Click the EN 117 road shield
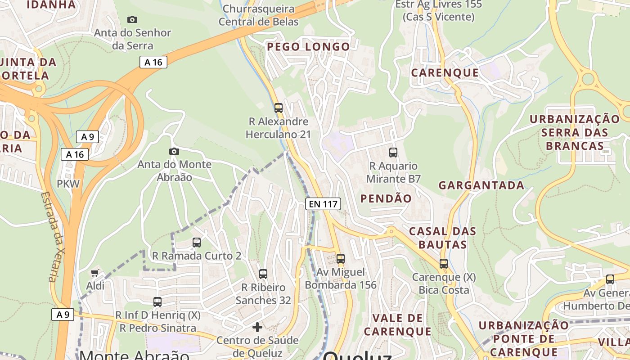click(323, 204)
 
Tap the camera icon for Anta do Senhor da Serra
click(132, 19)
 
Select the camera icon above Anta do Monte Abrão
click(174, 151)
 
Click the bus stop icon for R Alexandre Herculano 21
click(279, 108)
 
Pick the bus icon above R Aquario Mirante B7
click(393, 153)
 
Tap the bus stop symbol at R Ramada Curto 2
click(197, 243)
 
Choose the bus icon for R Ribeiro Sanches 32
click(263, 274)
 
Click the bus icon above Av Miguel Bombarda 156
click(341, 259)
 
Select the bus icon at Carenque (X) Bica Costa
click(444, 264)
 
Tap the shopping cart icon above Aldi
click(94, 273)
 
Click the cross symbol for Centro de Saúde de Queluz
click(257, 327)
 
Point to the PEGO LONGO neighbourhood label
click(308, 47)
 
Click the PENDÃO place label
click(386, 198)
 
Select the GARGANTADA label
click(481, 185)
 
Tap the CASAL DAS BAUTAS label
click(442, 238)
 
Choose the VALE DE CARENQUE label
click(397, 325)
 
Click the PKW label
click(68, 184)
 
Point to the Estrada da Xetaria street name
click(54, 237)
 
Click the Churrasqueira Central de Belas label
click(258, 15)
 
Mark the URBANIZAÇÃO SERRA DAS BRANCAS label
click(575, 132)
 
